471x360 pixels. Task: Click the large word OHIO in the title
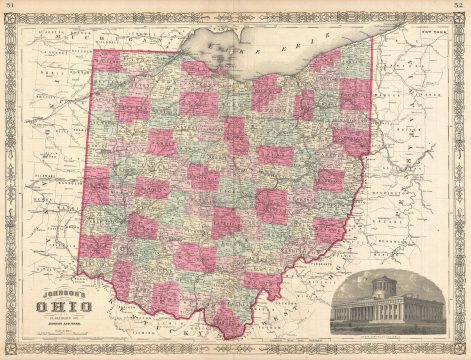60,308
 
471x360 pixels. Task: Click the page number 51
8,7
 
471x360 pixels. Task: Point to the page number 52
462,7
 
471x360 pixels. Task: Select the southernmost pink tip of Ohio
232,329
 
